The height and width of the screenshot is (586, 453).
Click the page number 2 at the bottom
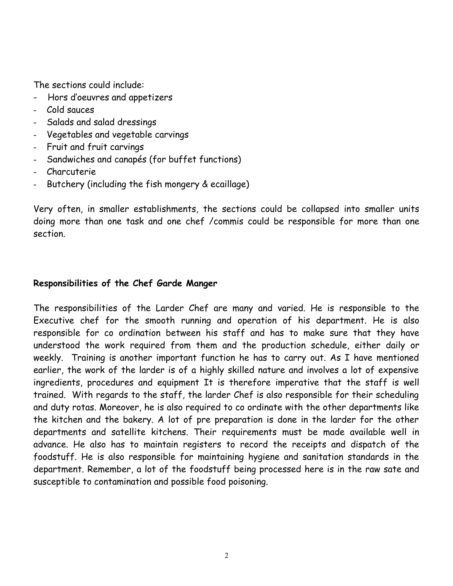(226, 555)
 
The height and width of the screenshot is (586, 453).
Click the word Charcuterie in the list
(71, 172)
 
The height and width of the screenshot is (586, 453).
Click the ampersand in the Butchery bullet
(205, 184)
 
